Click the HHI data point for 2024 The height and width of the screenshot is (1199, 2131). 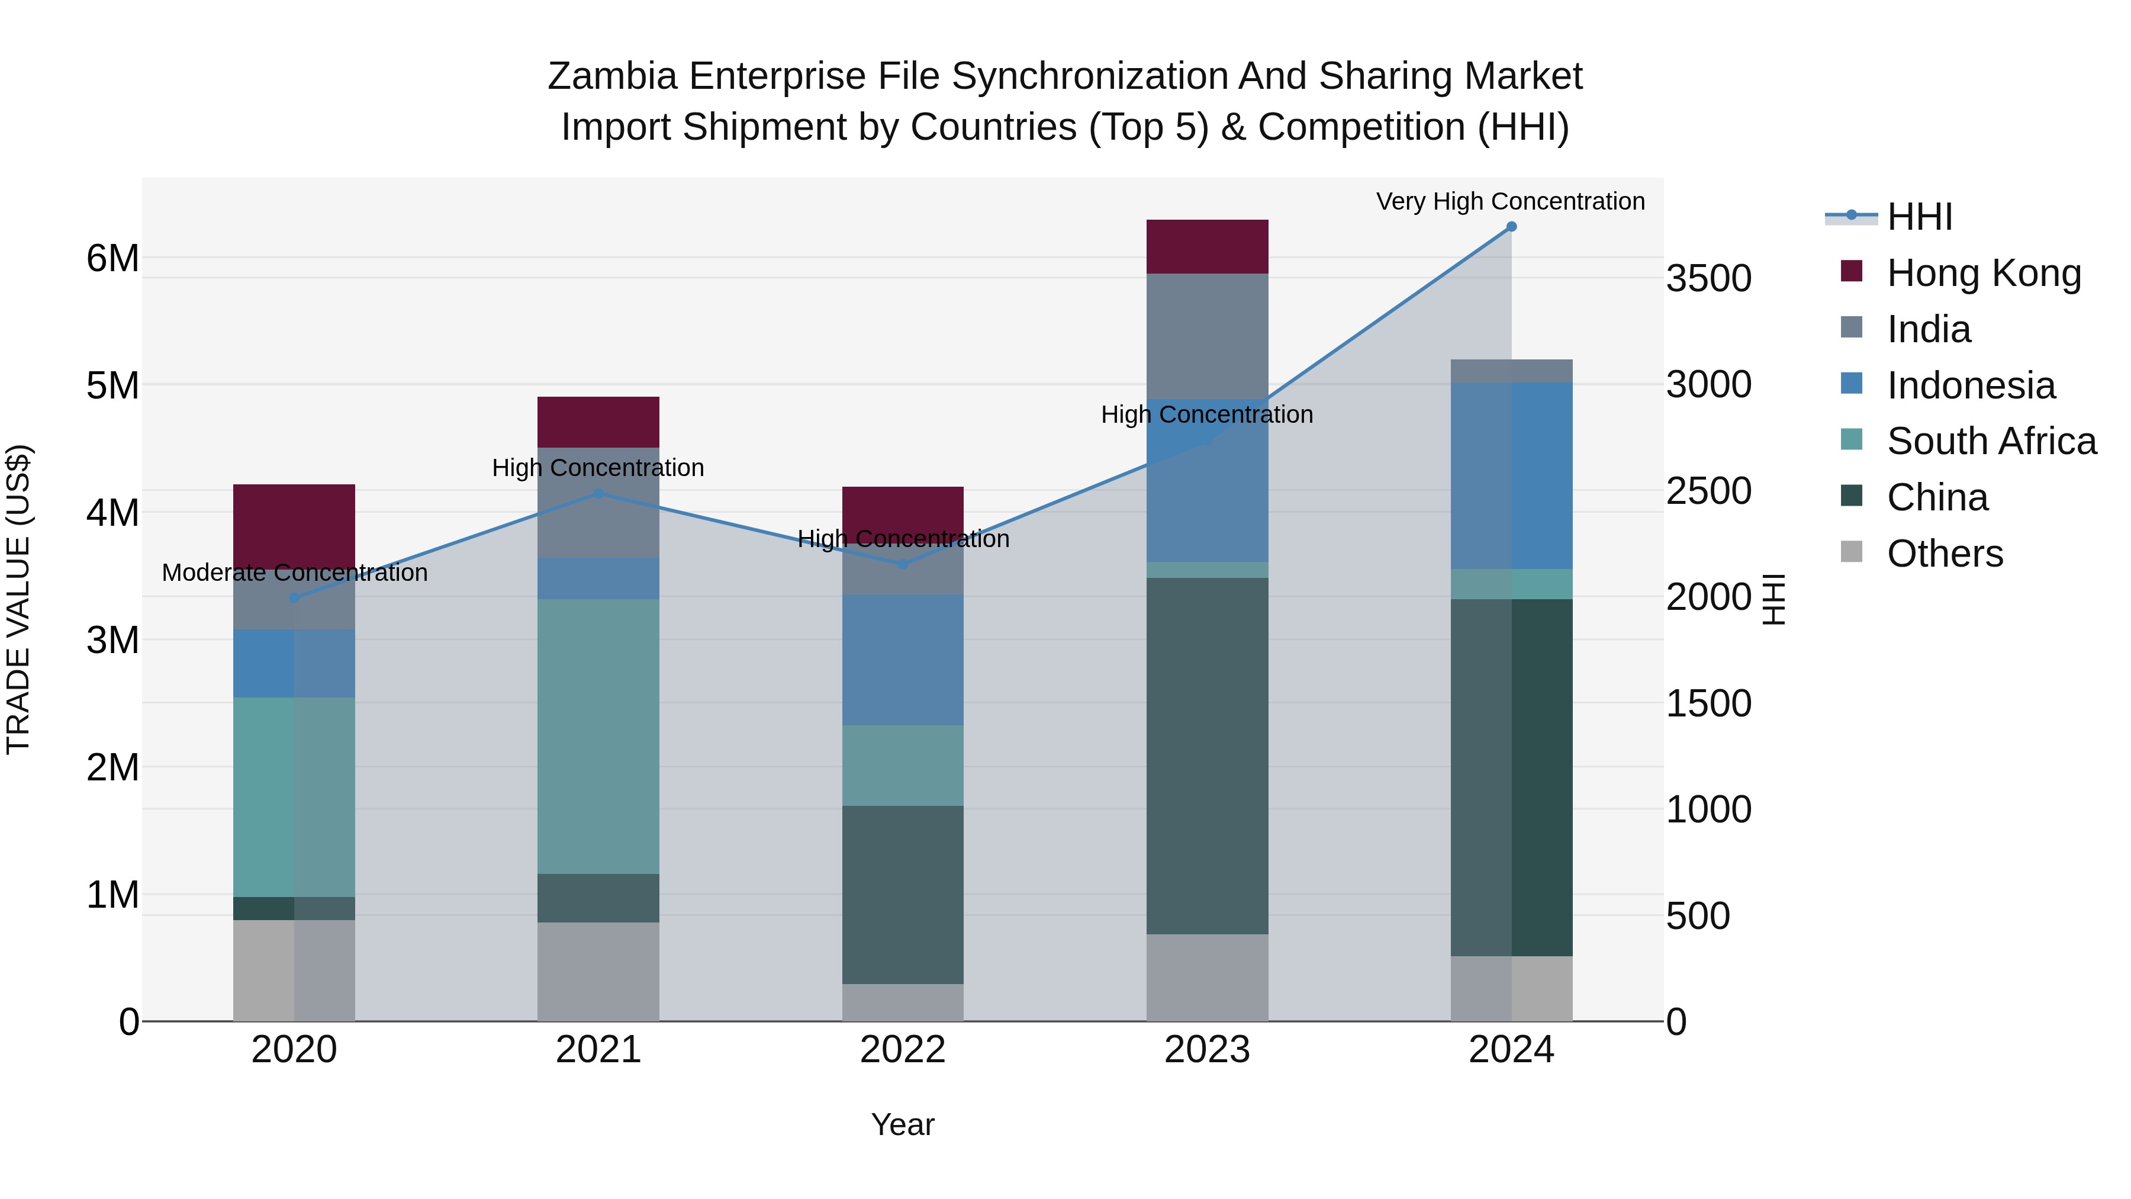click(1511, 227)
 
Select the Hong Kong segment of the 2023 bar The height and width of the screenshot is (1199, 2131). click(1207, 246)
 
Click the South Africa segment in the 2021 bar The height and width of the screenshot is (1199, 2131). click(598, 737)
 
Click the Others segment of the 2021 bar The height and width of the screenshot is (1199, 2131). click(598, 972)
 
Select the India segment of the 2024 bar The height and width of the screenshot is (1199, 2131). click(1511, 371)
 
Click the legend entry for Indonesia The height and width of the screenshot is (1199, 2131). click(1971, 385)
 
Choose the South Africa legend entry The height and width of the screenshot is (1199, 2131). click(1991, 441)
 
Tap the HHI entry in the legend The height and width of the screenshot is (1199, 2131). click(1919, 217)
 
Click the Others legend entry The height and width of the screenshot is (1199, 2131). click(1944, 554)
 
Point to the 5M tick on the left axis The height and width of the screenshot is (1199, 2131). click(112, 385)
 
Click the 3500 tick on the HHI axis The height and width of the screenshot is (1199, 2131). click(1708, 279)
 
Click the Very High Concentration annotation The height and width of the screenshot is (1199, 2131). click(1511, 202)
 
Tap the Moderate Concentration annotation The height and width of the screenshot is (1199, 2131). click(295, 573)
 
